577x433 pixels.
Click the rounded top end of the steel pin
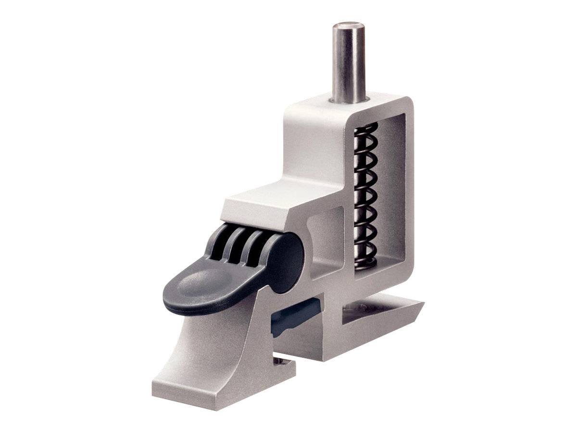pyautogui.click(x=349, y=25)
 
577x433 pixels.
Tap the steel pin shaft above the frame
pyautogui.click(x=349, y=63)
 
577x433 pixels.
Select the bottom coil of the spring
pyautogui.click(x=365, y=262)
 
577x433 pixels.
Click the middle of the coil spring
pyautogui.click(x=366, y=195)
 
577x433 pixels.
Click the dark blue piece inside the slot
pyautogui.click(x=293, y=315)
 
